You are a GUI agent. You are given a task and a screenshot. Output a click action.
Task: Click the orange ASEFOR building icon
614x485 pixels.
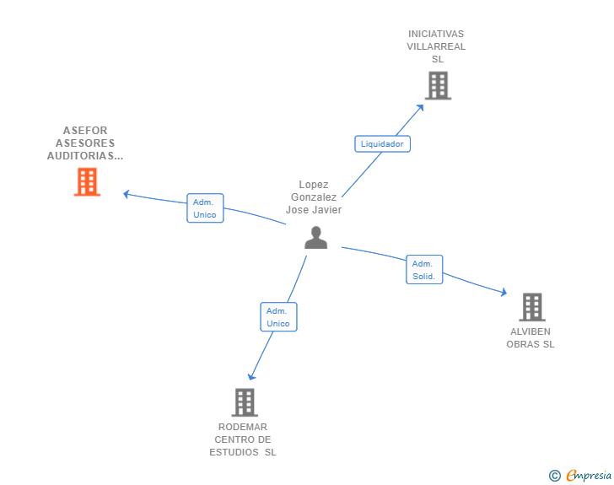click(x=88, y=182)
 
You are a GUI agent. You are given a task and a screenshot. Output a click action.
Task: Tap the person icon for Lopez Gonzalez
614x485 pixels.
click(x=316, y=237)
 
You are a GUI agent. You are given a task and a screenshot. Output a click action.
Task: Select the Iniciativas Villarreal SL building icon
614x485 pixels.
click(x=439, y=85)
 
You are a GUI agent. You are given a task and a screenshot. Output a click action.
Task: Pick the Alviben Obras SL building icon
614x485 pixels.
click(x=532, y=307)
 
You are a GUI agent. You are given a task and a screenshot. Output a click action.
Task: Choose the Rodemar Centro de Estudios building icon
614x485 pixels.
click(x=245, y=402)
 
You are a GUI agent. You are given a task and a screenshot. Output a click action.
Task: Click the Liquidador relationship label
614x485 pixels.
click(x=382, y=143)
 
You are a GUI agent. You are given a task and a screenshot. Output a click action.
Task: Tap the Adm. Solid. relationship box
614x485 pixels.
click(x=424, y=270)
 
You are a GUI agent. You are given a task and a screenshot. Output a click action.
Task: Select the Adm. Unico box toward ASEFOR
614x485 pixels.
click(x=205, y=208)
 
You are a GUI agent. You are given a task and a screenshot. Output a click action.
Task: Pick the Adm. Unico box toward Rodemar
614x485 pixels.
click(x=278, y=317)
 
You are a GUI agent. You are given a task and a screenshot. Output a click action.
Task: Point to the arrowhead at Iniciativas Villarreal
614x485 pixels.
click(x=420, y=108)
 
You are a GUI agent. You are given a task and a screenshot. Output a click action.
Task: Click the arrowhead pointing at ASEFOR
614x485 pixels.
click(x=127, y=194)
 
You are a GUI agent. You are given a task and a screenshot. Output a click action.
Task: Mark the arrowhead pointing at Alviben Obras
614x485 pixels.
click(x=504, y=292)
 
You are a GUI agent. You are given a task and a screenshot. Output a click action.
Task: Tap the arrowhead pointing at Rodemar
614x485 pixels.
click(x=251, y=376)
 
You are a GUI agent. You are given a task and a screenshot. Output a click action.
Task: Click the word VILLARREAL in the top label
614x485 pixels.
click(x=436, y=46)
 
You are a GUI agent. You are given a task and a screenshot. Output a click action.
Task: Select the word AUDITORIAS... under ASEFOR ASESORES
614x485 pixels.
click(x=85, y=156)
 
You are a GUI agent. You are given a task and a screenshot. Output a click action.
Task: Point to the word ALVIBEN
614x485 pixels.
click(x=531, y=331)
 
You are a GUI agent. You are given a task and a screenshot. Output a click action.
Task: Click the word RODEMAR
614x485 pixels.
click(x=243, y=427)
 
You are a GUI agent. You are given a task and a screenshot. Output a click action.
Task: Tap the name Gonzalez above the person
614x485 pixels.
click(x=314, y=197)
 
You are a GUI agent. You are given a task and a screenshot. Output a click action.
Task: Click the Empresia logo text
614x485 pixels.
click(x=589, y=475)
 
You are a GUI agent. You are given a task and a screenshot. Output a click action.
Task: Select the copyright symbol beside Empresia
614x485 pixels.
click(x=555, y=476)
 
